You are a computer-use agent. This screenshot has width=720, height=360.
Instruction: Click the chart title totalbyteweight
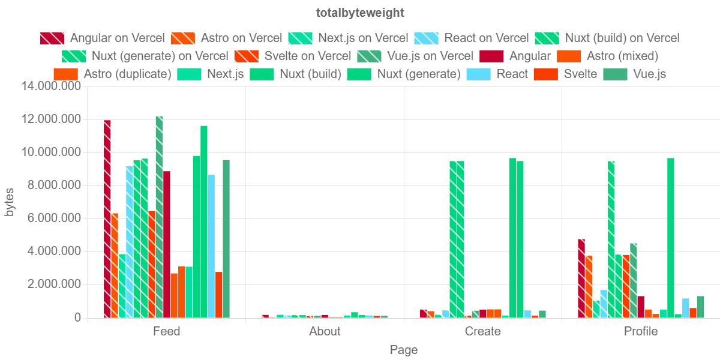(360, 13)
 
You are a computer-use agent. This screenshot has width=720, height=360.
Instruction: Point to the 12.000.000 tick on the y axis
(51, 119)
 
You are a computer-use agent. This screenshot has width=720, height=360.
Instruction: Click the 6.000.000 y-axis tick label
(51, 218)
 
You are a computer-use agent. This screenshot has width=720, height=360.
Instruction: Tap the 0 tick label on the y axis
(77, 317)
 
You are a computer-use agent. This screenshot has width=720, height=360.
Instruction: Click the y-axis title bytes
(10, 202)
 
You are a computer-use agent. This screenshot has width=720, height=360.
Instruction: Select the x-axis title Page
(404, 350)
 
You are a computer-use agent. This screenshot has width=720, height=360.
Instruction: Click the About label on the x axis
(325, 331)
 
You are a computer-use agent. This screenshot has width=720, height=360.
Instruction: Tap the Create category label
(482, 331)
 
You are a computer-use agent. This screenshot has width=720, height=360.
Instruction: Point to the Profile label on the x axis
(641, 331)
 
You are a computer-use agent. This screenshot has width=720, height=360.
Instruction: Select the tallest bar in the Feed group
(159, 216)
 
